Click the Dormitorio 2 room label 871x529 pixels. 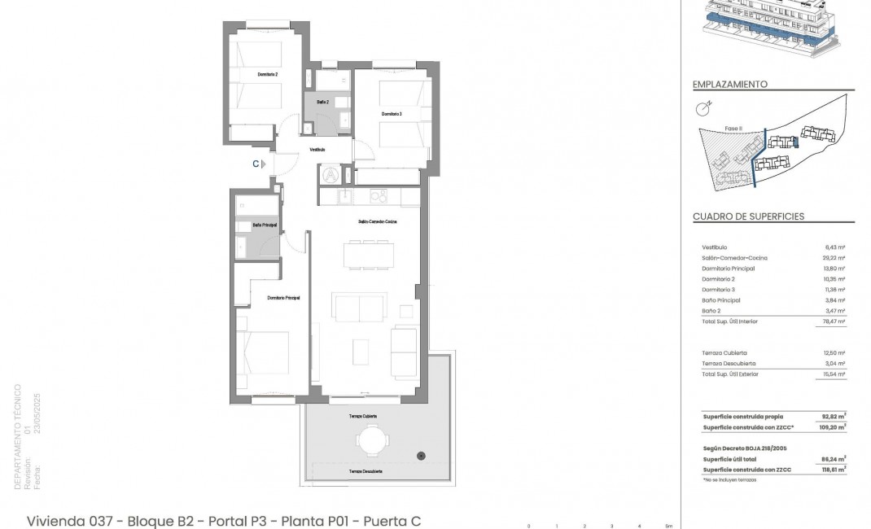[x=268, y=74]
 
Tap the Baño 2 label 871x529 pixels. [x=322, y=102]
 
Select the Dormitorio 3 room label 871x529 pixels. [x=392, y=114]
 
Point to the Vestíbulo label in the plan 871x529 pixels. [x=317, y=150]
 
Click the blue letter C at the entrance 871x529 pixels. [x=256, y=164]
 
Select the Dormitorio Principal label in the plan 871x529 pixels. [x=284, y=299]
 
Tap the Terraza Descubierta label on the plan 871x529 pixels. [x=366, y=471]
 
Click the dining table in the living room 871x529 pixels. [x=370, y=255]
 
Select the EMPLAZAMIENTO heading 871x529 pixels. [x=729, y=84]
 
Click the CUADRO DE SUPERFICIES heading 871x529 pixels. [x=748, y=216]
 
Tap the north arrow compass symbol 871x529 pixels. [x=702, y=108]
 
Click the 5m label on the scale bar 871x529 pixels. [x=668, y=525]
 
